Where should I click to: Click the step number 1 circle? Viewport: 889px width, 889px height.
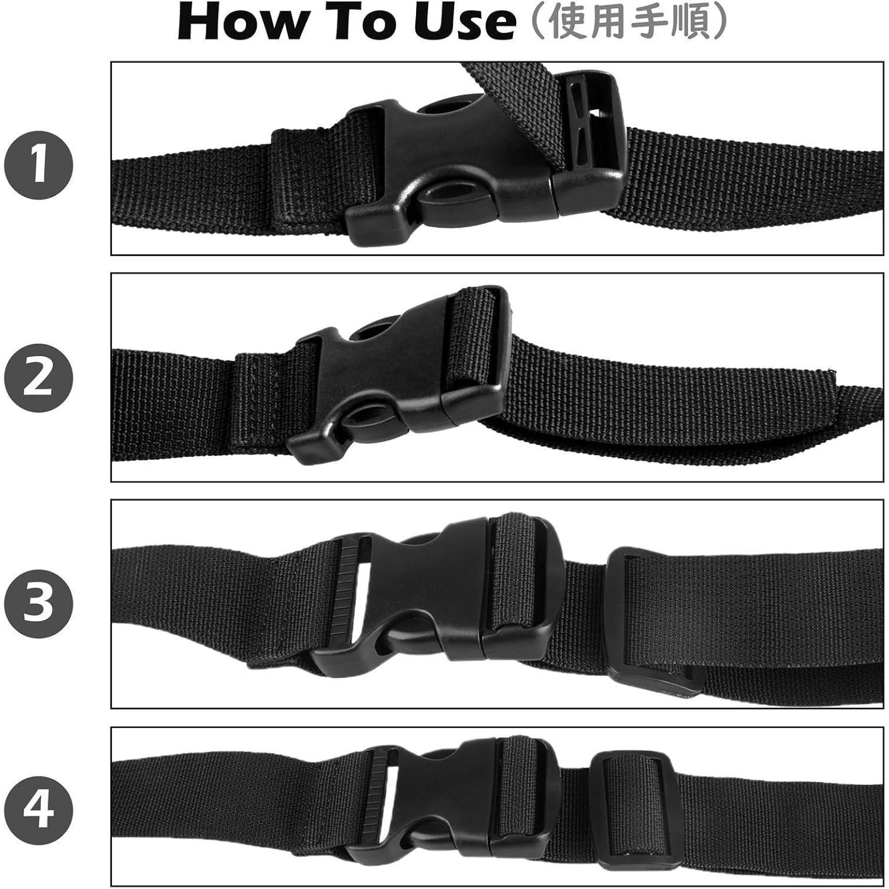(39, 165)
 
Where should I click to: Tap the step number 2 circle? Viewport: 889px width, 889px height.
(39, 378)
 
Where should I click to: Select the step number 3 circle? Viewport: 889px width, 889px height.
(39, 603)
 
